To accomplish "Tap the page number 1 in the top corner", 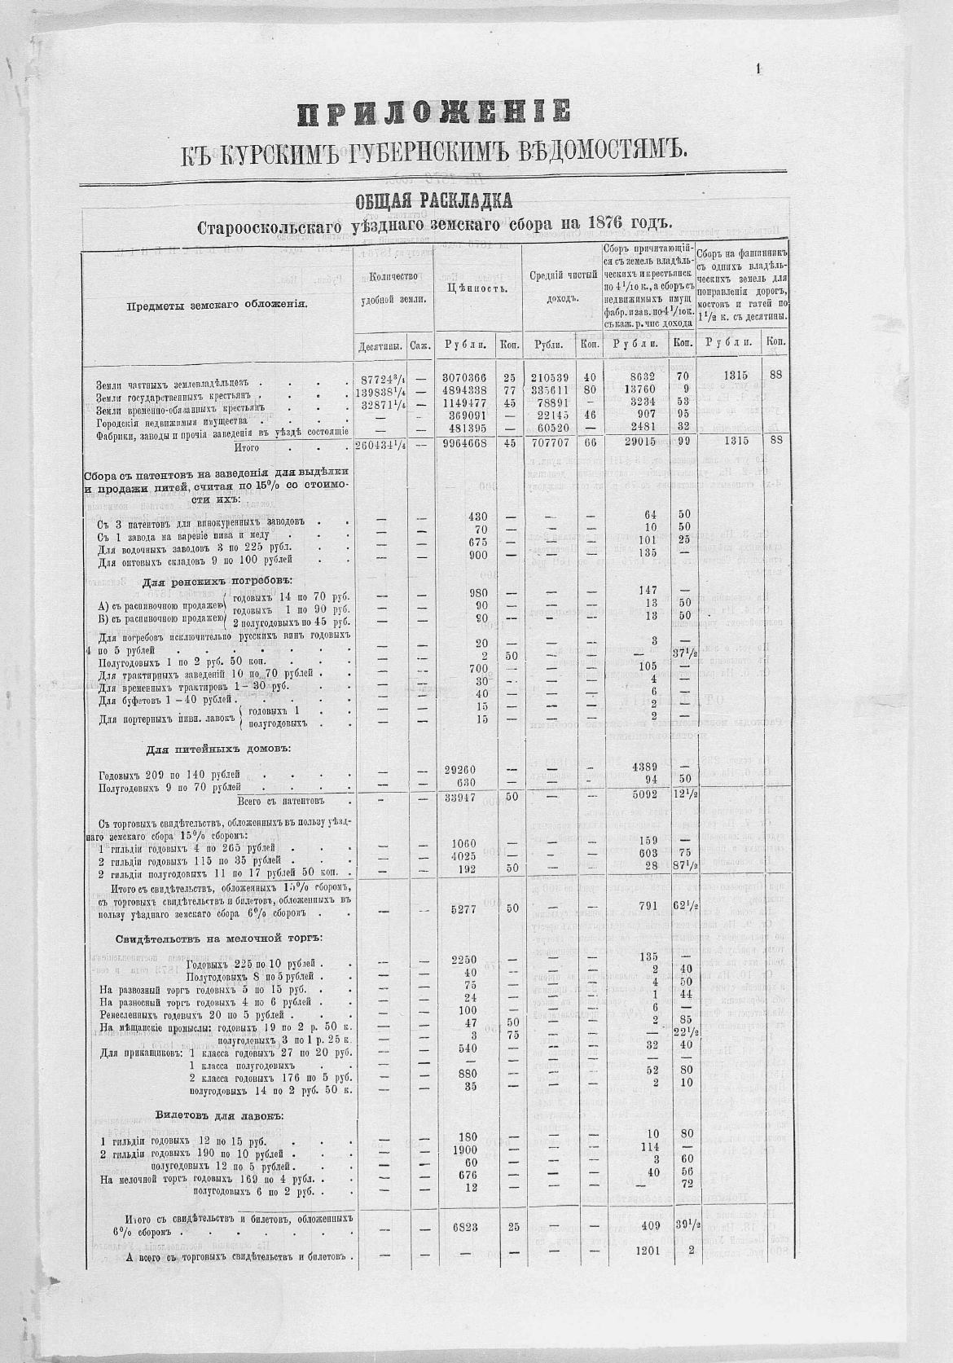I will pos(758,70).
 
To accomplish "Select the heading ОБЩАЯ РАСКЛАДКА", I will pos(433,200).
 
